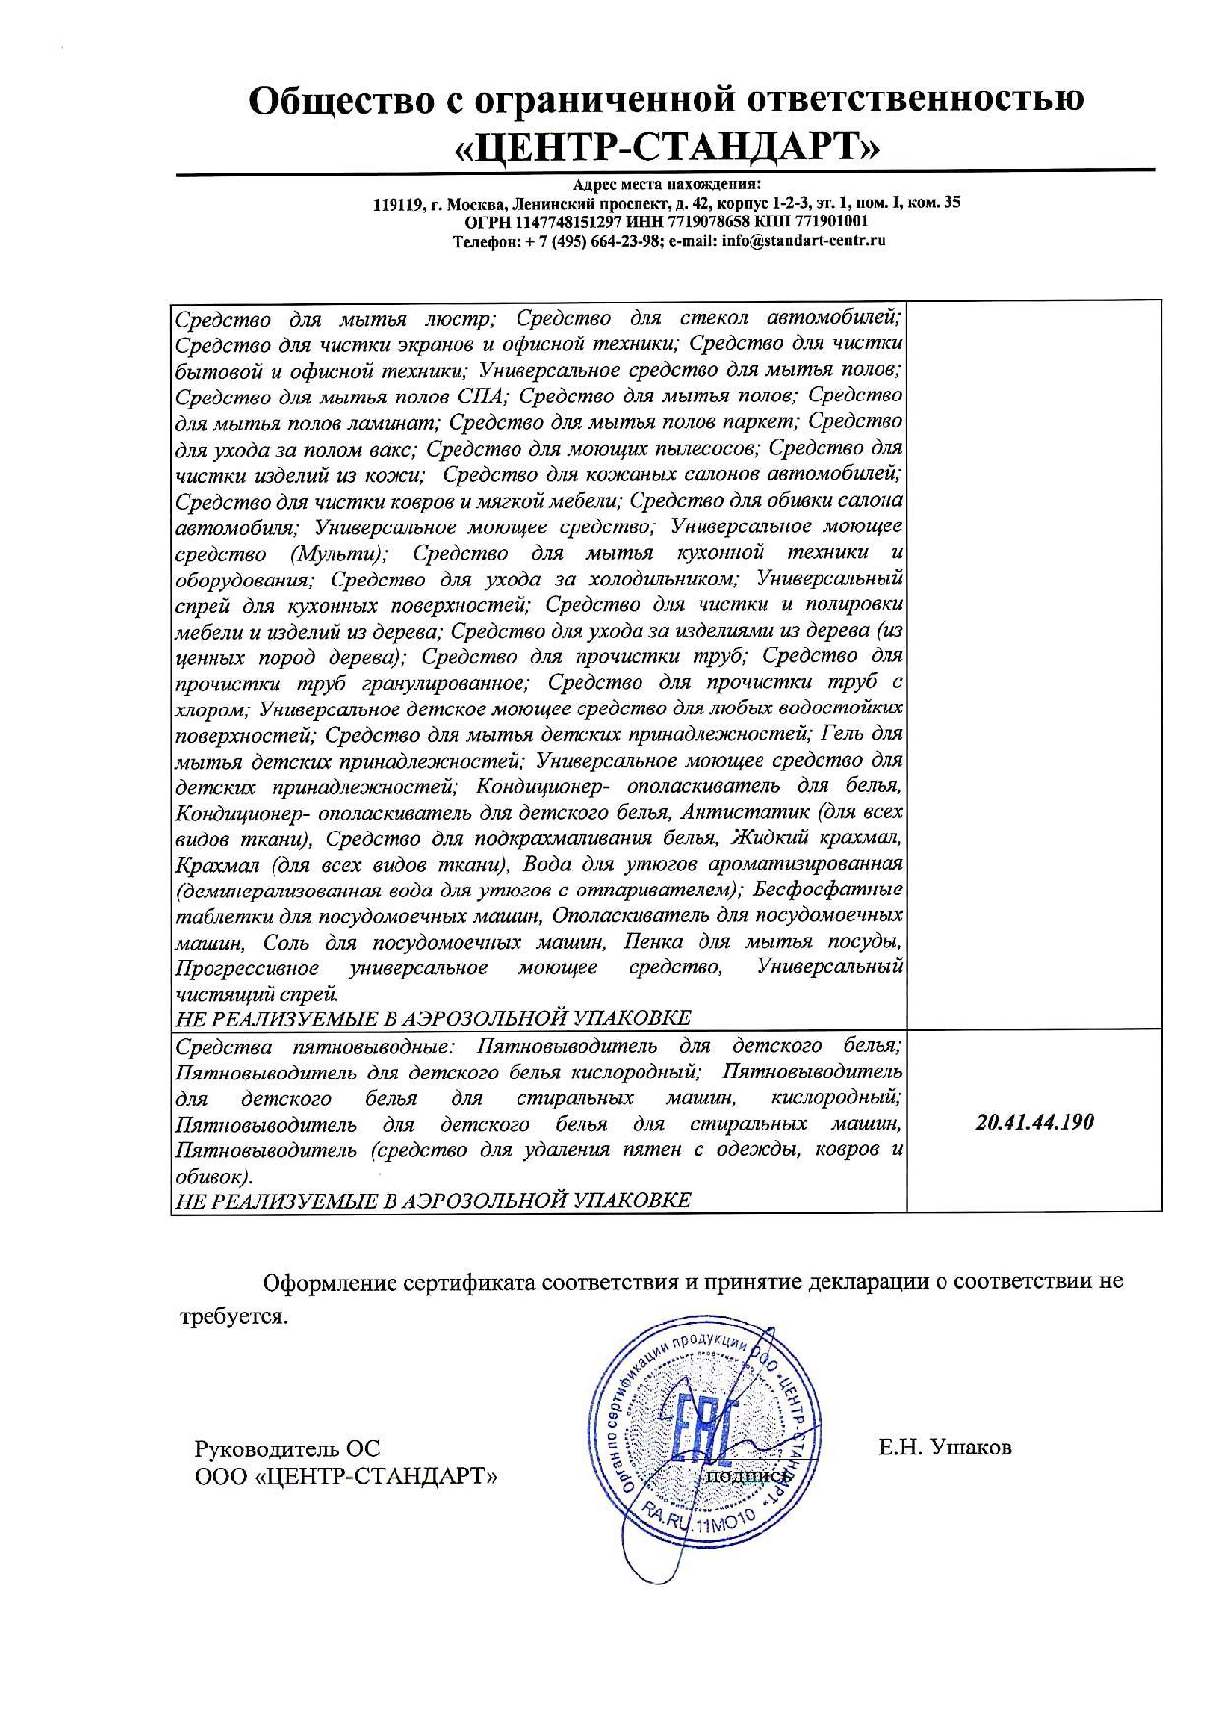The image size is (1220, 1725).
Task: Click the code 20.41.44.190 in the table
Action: [1034, 1123]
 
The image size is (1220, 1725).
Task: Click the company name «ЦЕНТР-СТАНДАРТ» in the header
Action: [667, 147]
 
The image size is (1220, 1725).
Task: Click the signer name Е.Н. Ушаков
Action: [945, 1448]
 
